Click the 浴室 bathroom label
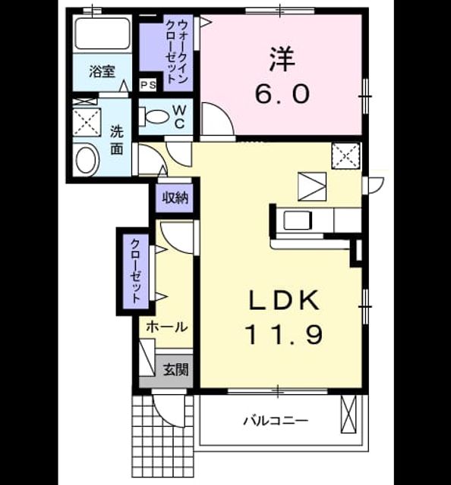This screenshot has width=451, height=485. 102,71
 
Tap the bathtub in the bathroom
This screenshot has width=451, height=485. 102,33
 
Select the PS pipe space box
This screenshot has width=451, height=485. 148,85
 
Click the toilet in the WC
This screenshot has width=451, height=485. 154,117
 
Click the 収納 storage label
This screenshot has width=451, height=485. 175,198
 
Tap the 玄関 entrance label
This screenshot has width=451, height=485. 175,369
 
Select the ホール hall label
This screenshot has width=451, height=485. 167,327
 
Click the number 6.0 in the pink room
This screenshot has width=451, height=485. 282,93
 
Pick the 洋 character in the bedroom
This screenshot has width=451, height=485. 282,59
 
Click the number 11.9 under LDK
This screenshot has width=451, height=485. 284,335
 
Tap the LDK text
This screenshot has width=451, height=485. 284,300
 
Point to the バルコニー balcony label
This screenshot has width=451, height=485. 276,421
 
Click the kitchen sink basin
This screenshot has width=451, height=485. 297,221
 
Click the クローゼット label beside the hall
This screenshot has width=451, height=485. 136,271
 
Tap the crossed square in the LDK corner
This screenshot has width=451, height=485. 346,155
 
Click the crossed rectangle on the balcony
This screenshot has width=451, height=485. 348,414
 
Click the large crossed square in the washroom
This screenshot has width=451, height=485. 87,122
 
